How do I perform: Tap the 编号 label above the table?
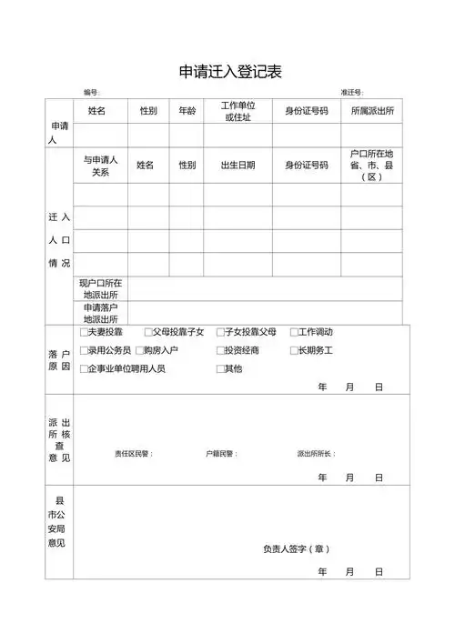point(92,93)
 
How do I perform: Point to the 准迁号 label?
point(352,93)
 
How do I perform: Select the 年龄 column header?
point(187,111)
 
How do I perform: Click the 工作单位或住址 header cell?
point(238,111)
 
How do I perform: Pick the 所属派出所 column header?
point(372,111)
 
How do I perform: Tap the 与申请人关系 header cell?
point(100,166)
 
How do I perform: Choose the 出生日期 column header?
point(238,166)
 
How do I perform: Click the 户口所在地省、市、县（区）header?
point(371,166)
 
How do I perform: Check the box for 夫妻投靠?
point(84,332)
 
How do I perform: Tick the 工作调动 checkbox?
point(294,332)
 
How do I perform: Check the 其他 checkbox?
point(219,368)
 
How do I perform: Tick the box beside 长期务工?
point(294,350)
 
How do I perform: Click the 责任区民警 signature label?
point(133,453)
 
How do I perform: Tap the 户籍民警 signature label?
point(223,453)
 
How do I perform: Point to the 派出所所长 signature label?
point(316,453)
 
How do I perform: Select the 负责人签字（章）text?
point(297,548)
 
